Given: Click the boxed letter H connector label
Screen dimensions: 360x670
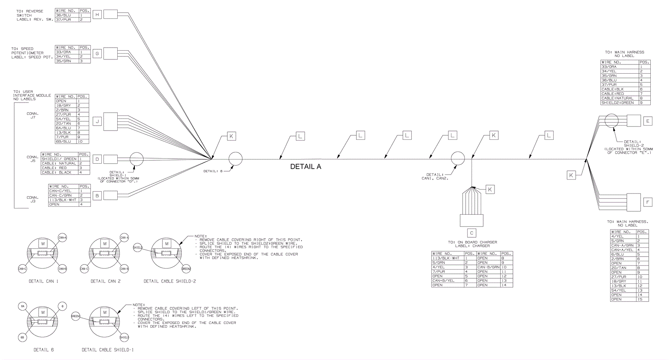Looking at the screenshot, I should [97, 15].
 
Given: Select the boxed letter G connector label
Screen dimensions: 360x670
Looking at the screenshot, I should [97, 54].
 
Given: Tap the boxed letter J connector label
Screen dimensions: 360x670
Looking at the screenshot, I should [97, 121].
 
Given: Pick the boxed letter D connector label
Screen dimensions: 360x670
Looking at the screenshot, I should [97, 159].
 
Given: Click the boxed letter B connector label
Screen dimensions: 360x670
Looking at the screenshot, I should [97, 195].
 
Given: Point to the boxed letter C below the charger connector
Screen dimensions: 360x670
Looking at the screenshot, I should [472, 233].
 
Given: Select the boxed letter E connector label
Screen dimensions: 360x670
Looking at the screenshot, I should [647, 121].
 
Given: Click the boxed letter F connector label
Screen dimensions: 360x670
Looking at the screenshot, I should [647, 203].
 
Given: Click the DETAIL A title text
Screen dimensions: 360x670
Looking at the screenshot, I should [306, 167].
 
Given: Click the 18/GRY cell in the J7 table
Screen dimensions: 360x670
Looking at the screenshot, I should [65, 105].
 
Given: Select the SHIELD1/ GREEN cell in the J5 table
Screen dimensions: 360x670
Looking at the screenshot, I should [59, 159].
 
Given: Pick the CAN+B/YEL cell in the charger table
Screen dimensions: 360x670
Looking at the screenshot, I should [448, 280].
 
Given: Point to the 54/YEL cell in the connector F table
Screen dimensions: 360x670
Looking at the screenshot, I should [623, 291].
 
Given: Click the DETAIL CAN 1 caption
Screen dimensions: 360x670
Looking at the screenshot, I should [44, 281].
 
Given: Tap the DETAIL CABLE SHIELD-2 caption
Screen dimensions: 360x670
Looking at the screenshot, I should [170, 281].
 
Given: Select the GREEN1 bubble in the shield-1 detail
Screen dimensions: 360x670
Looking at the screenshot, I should [76, 316].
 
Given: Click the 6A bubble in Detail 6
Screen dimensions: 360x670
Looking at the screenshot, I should [23, 307].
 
